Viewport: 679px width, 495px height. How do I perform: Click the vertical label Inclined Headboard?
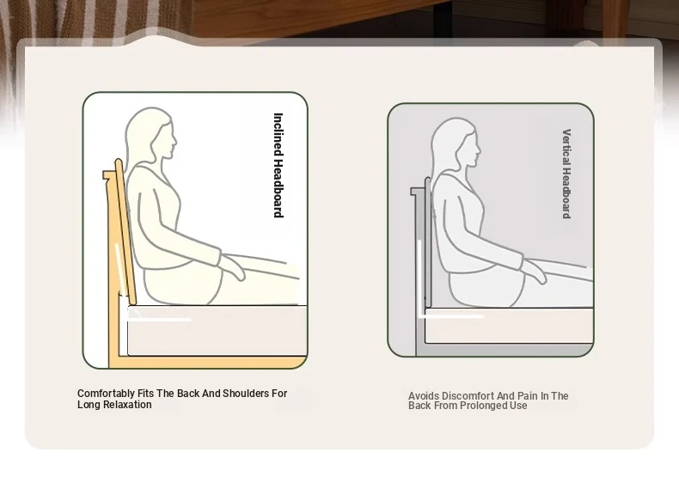coord(278,165)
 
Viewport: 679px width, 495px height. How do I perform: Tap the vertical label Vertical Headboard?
coord(566,174)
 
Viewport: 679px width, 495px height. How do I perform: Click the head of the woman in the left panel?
coord(151,135)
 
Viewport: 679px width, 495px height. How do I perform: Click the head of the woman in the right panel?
coord(456,144)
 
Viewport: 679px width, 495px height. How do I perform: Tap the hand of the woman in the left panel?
coord(233,266)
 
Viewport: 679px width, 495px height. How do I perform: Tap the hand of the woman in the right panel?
coord(535,270)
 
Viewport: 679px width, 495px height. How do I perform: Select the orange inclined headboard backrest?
coord(125,232)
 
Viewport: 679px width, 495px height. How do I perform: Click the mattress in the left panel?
coord(217,331)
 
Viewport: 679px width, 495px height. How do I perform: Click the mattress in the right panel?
coord(509,326)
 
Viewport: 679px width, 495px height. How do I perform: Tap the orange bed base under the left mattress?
coord(208,362)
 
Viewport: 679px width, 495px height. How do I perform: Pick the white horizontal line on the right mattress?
coord(451,316)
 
